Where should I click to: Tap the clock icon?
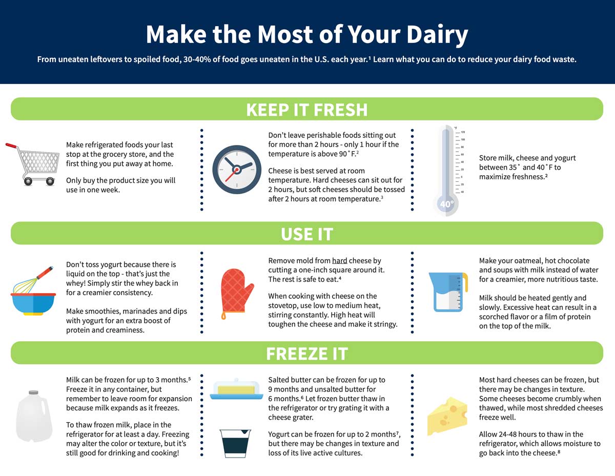coord(236,169)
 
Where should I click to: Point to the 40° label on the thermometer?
coord(446,204)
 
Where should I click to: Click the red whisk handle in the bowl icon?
coord(46,272)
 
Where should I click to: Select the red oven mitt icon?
coord(237,291)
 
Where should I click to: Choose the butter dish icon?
coord(236,389)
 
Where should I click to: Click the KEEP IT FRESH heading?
coord(306,110)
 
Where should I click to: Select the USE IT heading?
coord(306,234)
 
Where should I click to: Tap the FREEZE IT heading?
coord(306,354)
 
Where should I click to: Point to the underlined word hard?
coord(339,261)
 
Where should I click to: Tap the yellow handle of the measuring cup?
coord(465,280)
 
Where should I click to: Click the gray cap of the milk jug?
coord(33,393)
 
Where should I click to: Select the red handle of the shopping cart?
coord(11,146)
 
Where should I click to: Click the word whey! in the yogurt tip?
coord(76,283)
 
